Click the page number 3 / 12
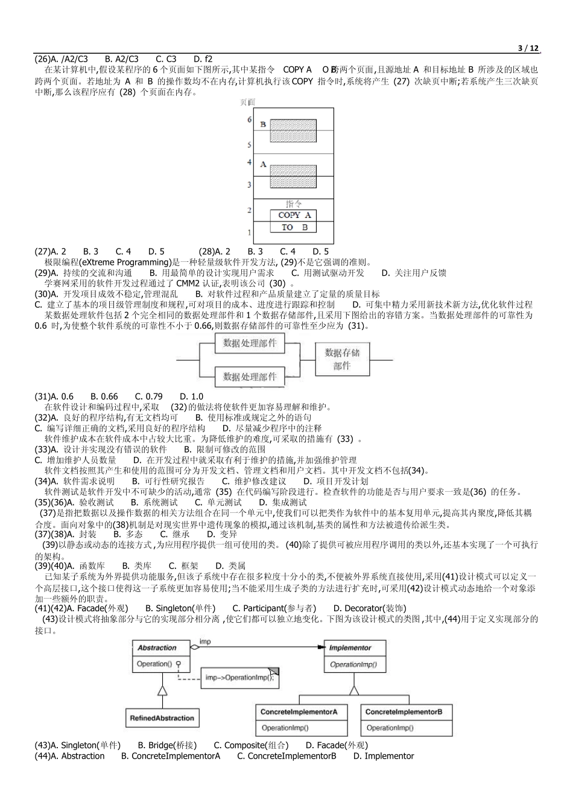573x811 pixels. point(528,48)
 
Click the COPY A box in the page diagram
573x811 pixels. point(294,215)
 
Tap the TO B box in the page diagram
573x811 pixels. point(294,227)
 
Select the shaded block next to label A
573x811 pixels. point(293,176)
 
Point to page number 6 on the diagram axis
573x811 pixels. point(249,119)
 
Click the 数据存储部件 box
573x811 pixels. point(342,359)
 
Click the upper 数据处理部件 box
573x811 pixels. point(250,343)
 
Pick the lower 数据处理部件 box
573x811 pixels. point(250,377)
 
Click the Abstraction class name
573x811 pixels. point(157,647)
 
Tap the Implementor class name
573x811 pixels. point(350,647)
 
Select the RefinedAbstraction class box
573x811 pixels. point(162,718)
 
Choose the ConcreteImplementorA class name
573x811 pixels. point(299,712)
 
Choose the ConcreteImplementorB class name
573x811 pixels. point(404,712)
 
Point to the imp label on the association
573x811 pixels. point(205,641)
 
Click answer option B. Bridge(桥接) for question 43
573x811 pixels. point(167,745)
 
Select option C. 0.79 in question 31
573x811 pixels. point(148,396)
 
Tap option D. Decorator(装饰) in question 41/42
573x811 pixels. point(370,608)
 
